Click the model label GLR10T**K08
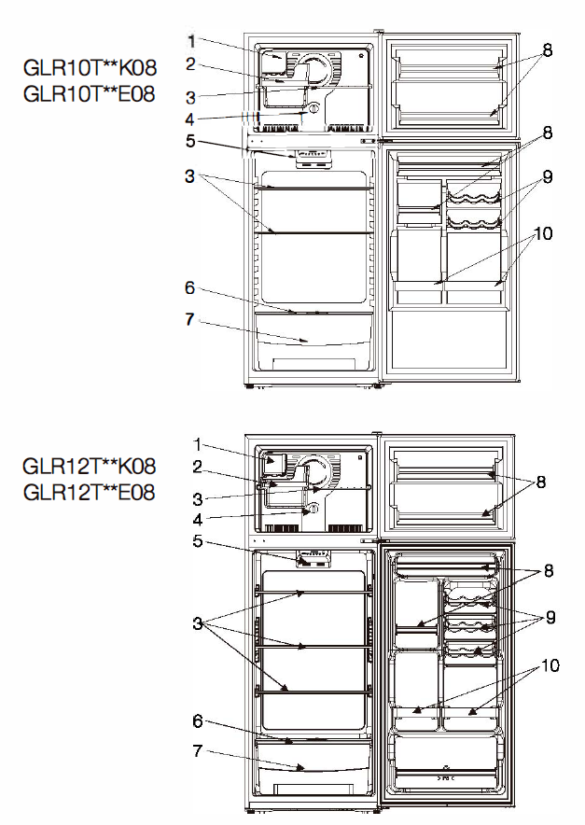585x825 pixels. point(90,68)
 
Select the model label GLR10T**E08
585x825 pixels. point(90,94)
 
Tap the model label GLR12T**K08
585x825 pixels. point(90,467)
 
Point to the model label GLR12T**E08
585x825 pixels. point(89,493)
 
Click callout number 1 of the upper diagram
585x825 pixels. point(191,41)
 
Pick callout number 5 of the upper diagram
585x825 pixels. point(190,141)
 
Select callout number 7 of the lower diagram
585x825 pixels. point(197,750)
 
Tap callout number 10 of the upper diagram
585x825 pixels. point(543,233)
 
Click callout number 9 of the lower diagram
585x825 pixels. point(550,617)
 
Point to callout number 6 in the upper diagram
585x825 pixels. point(190,287)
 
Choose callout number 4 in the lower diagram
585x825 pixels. point(197,520)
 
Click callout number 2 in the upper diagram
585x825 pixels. point(190,64)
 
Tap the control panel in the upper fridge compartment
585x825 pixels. point(313,159)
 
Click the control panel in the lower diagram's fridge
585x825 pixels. point(314,559)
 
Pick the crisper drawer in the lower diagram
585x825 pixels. point(313,757)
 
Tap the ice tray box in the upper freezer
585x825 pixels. point(274,63)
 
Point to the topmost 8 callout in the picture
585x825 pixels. point(548,50)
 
